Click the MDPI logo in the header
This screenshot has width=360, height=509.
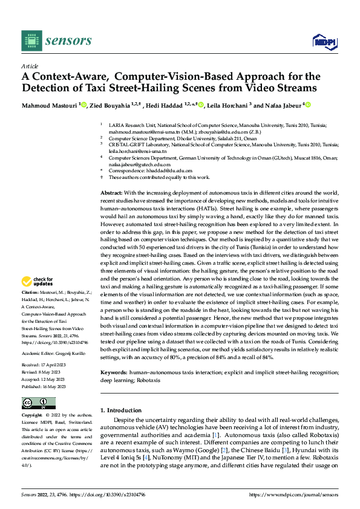323,41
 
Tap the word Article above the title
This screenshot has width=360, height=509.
30,66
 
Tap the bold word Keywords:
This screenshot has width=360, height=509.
115,357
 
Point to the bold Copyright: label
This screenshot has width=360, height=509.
32,415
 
